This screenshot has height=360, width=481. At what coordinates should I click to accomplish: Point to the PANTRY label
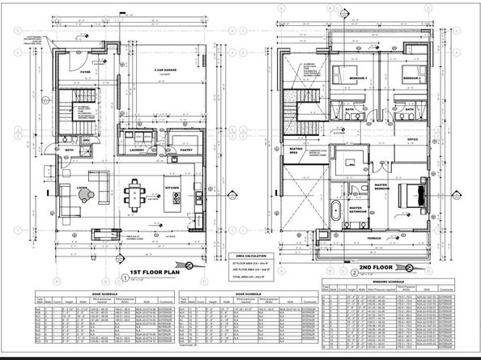click(x=185, y=150)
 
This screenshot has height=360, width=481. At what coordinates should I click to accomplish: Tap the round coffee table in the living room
click(x=100, y=195)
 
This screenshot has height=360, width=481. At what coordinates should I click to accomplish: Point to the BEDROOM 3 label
click(x=359, y=78)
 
